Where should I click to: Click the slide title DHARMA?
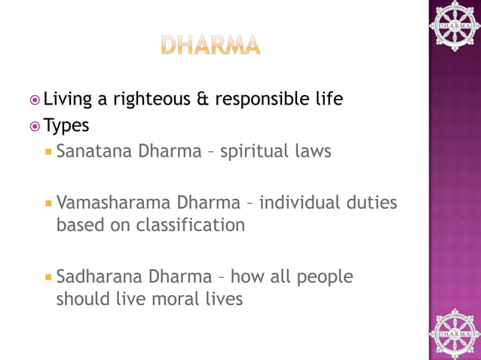tap(210, 44)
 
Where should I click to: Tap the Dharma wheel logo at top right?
tap(454, 26)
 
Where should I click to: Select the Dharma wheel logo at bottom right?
tap(454, 332)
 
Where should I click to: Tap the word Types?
tap(66, 125)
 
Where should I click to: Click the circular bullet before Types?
tap(35, 125)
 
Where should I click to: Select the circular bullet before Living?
tap(35, 99)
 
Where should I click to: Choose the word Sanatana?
tap(93, 151)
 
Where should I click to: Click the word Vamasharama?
tap(113, 203)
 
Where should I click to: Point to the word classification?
tap(191, 224)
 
